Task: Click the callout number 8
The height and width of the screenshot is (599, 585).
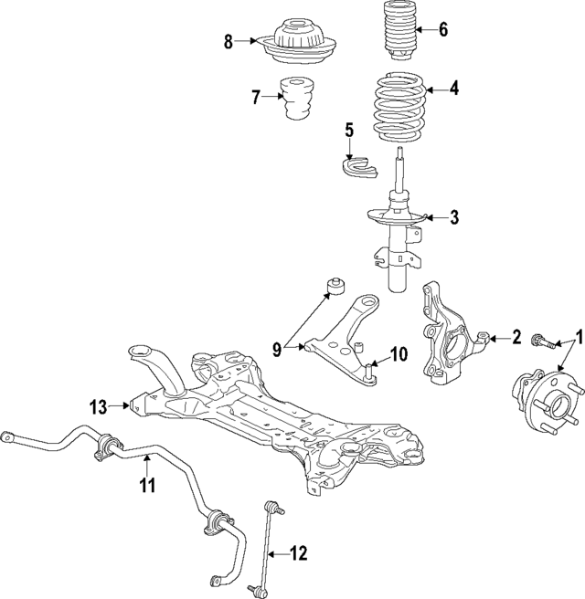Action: pos(229,40)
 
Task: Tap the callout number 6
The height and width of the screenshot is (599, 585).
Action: pos(443,28)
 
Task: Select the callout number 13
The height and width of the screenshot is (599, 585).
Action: pos(100,405)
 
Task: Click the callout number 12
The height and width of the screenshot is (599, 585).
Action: pos(299,552)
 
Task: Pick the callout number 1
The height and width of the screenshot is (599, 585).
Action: pos(578,335)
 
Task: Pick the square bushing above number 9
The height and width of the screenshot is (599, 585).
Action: pos(336,289)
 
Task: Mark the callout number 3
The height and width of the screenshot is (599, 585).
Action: pos(454,217)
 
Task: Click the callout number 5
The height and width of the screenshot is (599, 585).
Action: pos(348,129)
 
